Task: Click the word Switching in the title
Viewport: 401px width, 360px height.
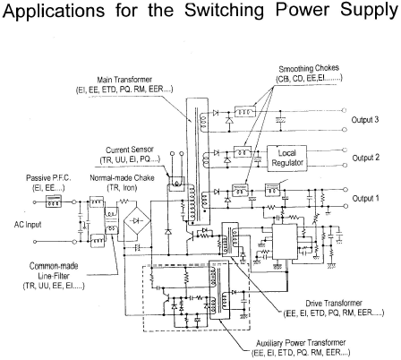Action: [x=224, y=10]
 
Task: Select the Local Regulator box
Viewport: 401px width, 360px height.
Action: [x=286, y=159]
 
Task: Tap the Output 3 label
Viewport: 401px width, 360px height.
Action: [x=365, y=120]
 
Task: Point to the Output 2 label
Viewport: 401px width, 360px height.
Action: [x=365, y=158]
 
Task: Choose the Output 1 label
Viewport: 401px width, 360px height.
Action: [x=365, y=198]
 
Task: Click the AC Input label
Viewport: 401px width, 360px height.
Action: [x=28, y=225]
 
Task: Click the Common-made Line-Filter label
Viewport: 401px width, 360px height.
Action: [x=54, y=276]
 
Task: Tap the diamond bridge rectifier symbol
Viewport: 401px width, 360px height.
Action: [x=137, y=220]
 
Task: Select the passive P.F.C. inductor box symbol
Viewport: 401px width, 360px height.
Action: [x=54, y=201]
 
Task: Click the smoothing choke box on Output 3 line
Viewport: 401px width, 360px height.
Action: [x=245, y=112]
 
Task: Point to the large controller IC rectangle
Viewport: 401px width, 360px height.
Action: [x=285, y=242]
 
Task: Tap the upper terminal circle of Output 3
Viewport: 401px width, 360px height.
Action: [x=345, y=110]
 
